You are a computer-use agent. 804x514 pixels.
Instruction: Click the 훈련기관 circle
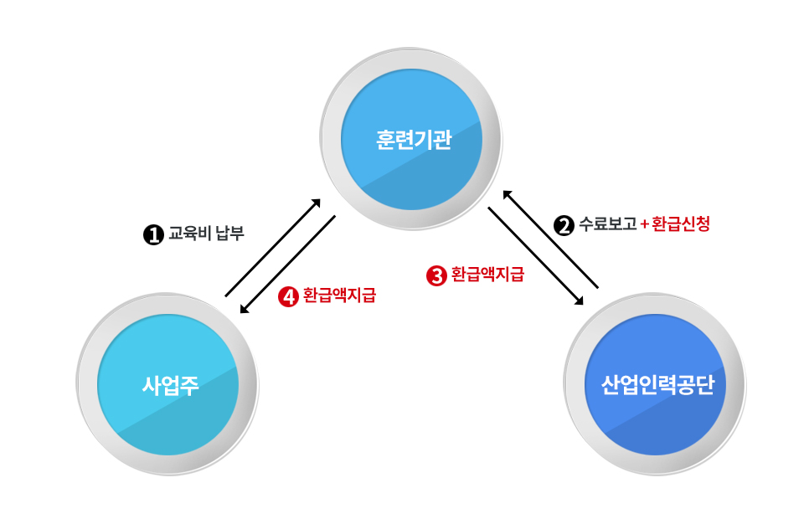click(411, 139)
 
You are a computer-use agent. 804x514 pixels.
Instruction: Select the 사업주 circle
click(167, 384)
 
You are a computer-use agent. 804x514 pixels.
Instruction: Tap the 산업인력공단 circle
click(655, 384)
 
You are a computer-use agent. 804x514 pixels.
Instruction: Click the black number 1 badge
click(152, 234)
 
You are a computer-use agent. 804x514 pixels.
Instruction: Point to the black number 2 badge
click(564, 225)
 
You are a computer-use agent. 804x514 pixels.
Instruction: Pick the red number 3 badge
click(436, 275)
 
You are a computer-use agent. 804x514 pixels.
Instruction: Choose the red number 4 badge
click(288, 296)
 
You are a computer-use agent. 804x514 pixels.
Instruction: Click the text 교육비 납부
click(207, 234)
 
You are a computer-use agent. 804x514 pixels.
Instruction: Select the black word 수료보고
click(608, 224)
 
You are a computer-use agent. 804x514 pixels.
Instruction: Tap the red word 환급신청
click(681, 224)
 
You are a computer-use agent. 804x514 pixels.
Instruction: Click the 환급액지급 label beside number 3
click(487, 275)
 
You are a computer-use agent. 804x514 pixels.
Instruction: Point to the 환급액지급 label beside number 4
click(339, 296)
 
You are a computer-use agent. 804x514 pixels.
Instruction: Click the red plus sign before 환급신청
click(645, 224)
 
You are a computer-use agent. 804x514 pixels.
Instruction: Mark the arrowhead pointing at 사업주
click(244, 309)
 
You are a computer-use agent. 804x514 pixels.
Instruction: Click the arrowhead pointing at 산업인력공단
click(579, 301)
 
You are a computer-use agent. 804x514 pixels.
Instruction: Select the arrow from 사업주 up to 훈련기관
click(273, 248)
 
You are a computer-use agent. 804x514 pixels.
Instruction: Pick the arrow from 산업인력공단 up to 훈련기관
click(550, 239)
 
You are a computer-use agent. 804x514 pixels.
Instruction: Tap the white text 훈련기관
click(414, 140)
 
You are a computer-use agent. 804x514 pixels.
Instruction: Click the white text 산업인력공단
click(657, 385)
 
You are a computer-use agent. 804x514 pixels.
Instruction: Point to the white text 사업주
click(170, 385)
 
